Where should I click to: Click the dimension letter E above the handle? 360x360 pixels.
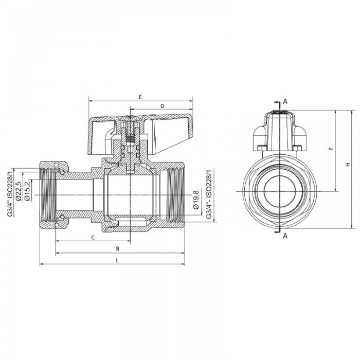coord(140,97)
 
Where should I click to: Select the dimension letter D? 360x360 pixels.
coord(162,106)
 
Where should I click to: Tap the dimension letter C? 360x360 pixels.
coord(93,237)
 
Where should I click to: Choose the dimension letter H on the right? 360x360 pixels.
coord(348,165)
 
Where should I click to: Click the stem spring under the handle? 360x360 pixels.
coord(131,138)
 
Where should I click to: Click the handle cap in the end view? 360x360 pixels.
coord(278,129)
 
